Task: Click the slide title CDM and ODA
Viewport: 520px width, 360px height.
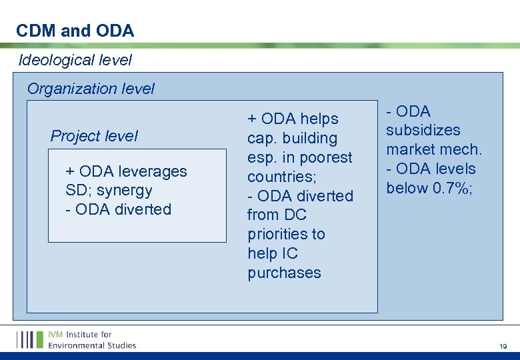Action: click(x=75, y=31)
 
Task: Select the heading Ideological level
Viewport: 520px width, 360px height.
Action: click(x=75, y=60)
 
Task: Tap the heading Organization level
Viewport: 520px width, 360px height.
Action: click(x=91, y=89)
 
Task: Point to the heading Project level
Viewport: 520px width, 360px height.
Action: click(x=94, y=136)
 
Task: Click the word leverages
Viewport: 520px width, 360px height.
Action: click(x=153, y=171)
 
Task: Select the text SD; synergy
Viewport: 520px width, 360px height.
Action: click(x=109, y=191)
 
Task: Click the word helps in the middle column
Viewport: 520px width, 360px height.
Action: click(x=318, y=119)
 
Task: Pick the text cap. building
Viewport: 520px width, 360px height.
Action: click(x=292, y=138)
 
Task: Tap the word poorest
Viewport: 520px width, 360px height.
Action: click(x=326, y=157)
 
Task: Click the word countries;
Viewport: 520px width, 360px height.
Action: click(x=280, y=177)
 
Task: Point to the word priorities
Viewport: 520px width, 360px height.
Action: click(x=286, y=235)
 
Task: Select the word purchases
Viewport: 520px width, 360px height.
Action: click(x=284, y=273)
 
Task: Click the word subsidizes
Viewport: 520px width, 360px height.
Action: click(x=423, y=130)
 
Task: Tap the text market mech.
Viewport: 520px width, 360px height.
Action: click(x=433, y=149)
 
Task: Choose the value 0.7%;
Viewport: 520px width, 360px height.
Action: click(x=453, y=188)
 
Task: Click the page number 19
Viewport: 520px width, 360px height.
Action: click(x=503, y=347)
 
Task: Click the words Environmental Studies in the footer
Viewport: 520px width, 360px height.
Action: click(x=92, y=345)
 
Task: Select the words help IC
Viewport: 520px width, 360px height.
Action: click(x=273, y=254)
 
